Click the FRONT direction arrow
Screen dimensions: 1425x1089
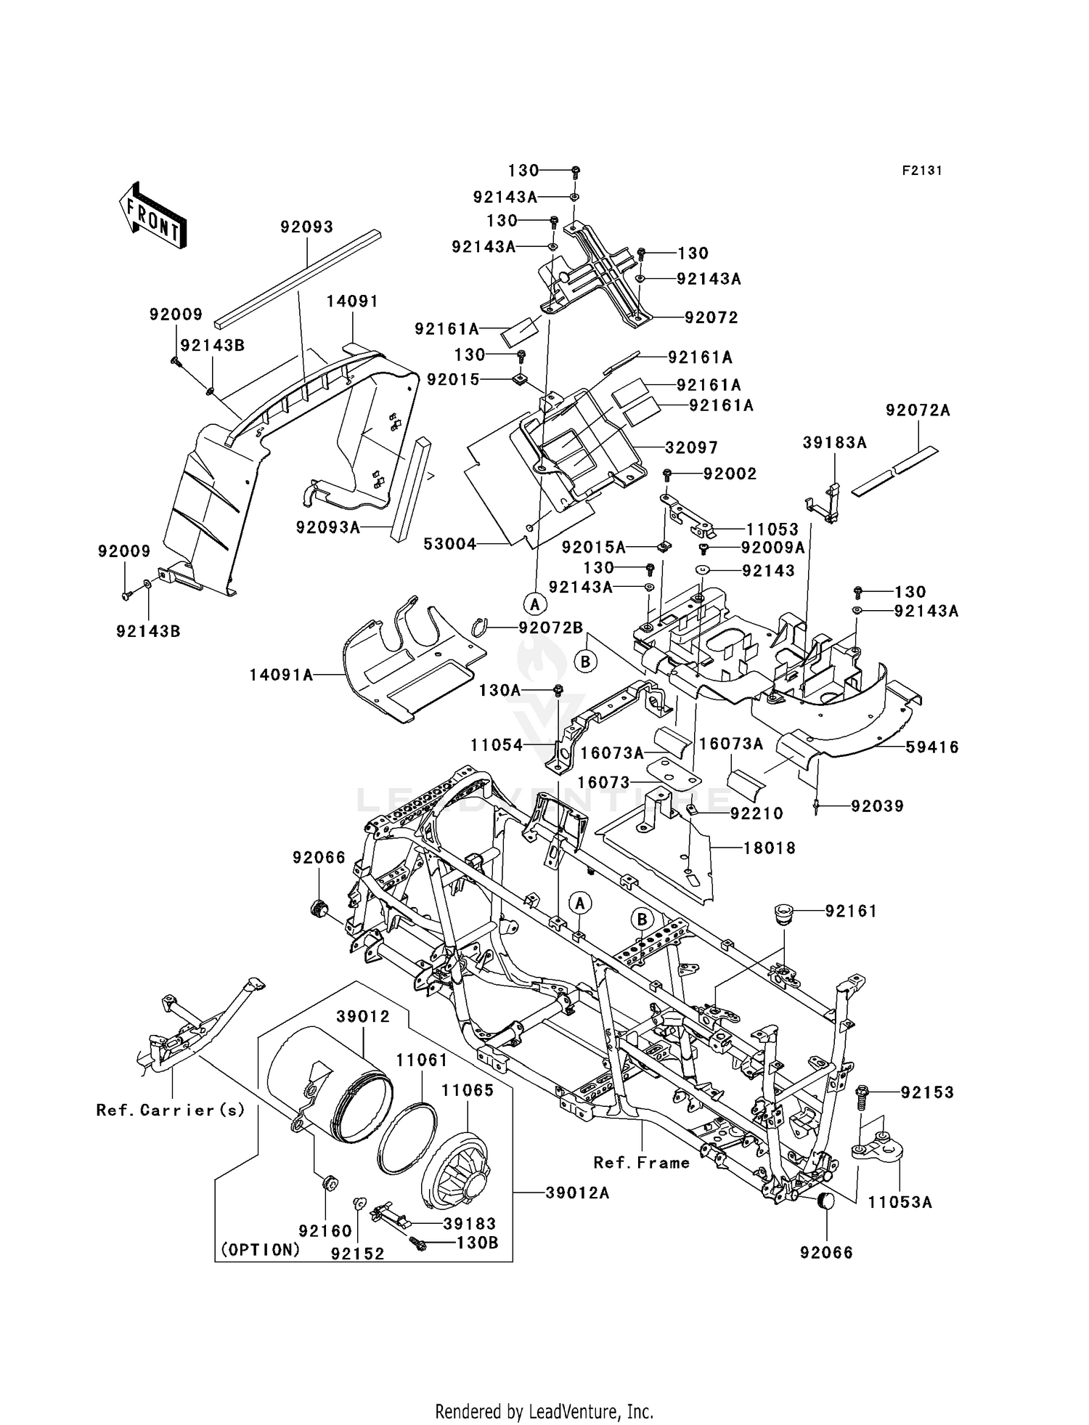click(x=153, y=216)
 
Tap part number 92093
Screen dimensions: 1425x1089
click(x=307, y=227)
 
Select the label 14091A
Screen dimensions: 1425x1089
click(x=282, y=675)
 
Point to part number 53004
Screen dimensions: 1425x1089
click(x=450, y=544)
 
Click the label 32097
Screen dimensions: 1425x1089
click(x=691, y=448)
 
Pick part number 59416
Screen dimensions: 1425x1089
click(x=931, y=747)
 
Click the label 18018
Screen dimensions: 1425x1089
click(x=769, y=848)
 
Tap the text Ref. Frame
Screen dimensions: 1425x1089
click(x=642, y=1163)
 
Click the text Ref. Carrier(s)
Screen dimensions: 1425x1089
click(x=171, y=1111)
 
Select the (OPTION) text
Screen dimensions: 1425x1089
click(x=260, y=1250)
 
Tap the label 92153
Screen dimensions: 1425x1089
click(x=927, y=1092)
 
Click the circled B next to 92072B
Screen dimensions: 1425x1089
click(x=586, y=662)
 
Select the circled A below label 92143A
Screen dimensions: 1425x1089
click(x=535, y=603)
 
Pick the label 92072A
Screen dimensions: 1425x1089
click(x=918, y=410)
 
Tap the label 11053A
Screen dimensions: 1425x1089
click(x=900, y=1203)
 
